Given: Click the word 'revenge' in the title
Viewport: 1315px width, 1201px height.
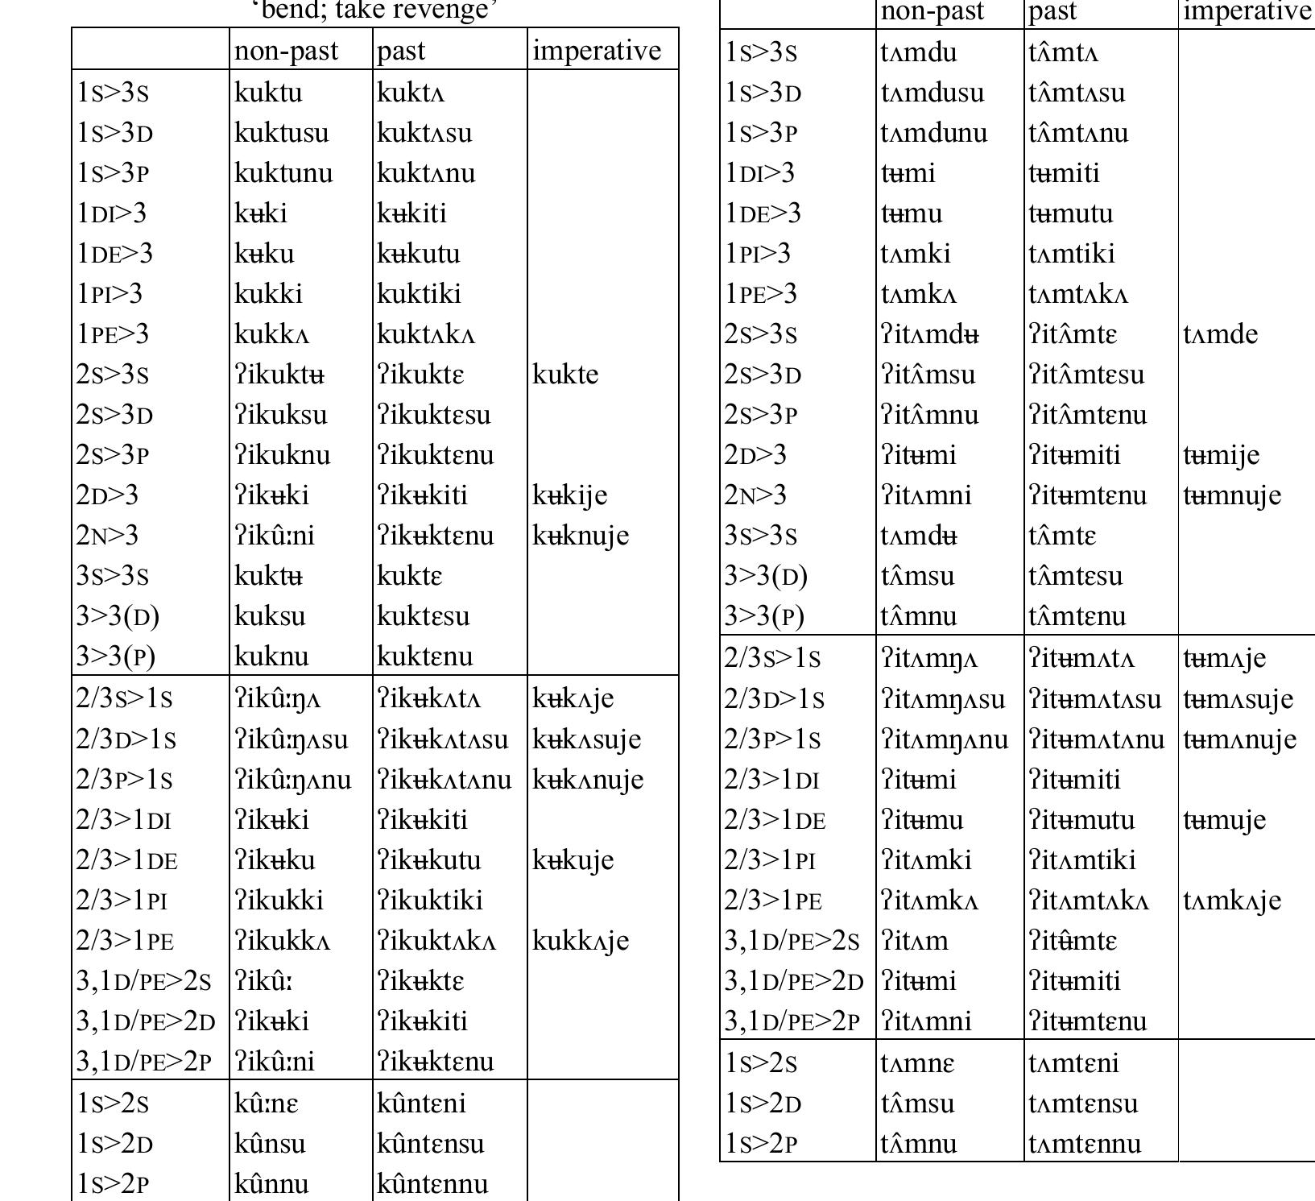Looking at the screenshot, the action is tap(451, 10).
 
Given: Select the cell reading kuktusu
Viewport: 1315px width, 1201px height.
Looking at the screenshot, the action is tap(281, 133).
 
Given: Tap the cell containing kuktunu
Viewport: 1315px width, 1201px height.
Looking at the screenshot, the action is tap(283, 173).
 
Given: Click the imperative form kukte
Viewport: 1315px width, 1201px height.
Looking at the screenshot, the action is tap(565, 375).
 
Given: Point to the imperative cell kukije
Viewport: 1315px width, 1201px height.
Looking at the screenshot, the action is tap(569, 495).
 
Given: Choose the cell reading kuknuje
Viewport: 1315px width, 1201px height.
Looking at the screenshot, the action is tap(580, 536).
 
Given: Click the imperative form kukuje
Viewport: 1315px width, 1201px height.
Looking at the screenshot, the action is tap(573, 860).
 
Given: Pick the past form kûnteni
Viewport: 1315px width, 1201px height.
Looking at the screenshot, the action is tap(421, 1104).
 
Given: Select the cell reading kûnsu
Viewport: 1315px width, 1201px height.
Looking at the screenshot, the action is tap(270, 1144).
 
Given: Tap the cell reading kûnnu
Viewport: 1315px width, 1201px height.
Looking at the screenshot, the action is tap(271, 1184).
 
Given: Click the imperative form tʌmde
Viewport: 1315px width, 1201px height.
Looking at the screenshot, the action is tap(1220, 334).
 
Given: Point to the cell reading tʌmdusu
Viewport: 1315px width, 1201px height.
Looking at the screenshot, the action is tap(932, 93).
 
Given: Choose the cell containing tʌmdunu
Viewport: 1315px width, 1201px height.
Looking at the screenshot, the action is tap(934, 133).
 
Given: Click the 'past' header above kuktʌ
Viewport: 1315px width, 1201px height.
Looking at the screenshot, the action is tap(401, 51).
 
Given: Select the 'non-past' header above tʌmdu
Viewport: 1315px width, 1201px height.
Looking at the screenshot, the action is tap(932, 11).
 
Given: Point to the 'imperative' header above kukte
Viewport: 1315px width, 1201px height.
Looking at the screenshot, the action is tap(596, 51).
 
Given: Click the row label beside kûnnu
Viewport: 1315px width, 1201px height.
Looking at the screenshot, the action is tap(113, 1184).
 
